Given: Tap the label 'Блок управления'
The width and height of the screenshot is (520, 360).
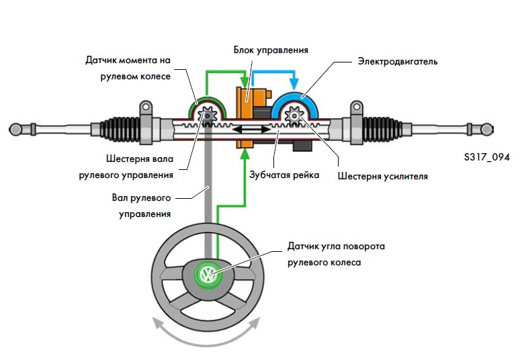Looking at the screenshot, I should pyautogui.click(x=271, y=50).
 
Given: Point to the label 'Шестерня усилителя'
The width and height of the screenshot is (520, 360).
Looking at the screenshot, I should pyautogui.click(x=384, y=177).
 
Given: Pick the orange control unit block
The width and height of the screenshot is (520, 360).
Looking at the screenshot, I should pyautogui.click(x=247, y=107).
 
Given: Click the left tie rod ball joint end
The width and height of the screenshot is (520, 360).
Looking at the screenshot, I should pyautogui.click(x=15, y=128).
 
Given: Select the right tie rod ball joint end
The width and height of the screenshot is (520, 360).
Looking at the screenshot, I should pyautogui.click(x=505, y=127).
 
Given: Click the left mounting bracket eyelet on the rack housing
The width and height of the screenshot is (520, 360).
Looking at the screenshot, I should pyautogui.click(x=144, y=107).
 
